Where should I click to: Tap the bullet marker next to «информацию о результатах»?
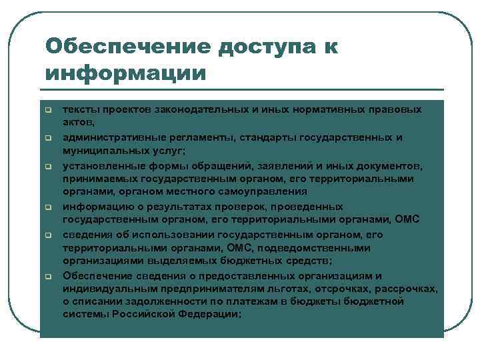point(49,208)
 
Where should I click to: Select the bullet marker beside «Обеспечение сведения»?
point(49,276)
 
